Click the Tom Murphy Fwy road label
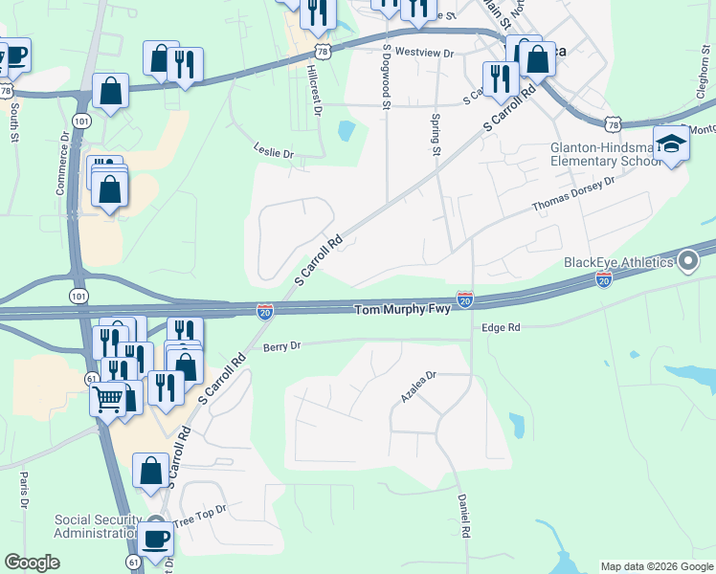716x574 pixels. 404,310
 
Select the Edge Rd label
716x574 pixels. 501,327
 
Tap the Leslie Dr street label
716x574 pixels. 273,153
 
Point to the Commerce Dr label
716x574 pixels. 62,167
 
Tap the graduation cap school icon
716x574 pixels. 673,144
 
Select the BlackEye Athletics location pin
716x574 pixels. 686,260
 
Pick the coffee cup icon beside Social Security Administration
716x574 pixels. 154,537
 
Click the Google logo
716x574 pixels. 34,563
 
